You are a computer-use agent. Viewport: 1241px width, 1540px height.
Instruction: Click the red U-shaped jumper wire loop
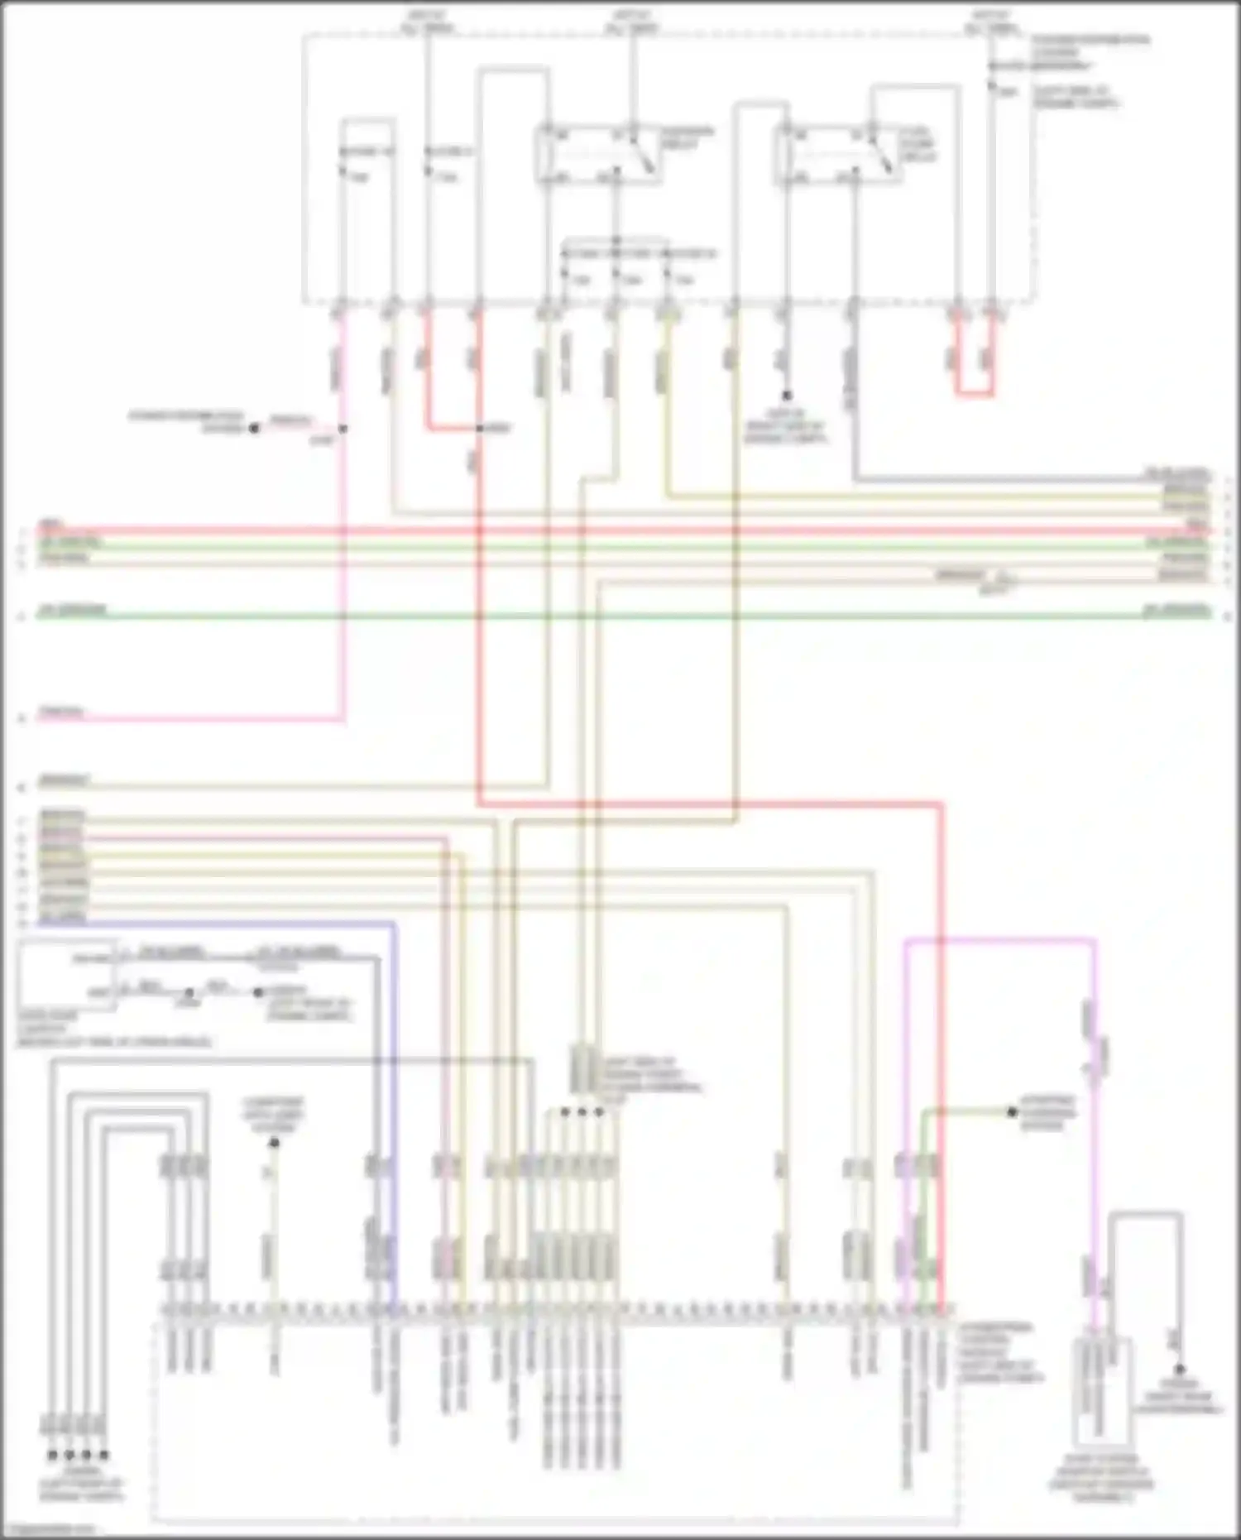[x=975, y=393]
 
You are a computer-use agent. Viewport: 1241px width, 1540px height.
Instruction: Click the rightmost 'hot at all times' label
[x=992, y=21]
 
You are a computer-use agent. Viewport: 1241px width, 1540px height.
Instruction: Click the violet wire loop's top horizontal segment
[x=1001, y=940]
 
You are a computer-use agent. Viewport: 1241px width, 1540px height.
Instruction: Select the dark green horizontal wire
[x=620, y=616]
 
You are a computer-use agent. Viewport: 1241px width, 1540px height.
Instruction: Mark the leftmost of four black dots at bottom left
[x=52, y=1455]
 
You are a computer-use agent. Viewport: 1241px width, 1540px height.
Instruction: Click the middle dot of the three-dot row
[x=582, y=1112]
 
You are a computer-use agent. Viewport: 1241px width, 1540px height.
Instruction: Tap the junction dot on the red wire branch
[x=479, y=429]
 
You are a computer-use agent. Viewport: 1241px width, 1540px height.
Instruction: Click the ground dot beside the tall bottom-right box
[x=1180, y=1370]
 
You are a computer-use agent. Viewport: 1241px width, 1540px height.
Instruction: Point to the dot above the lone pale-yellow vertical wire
[x=274, y=1144]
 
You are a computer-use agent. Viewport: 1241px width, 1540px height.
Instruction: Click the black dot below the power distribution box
[x=787, y=396]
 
